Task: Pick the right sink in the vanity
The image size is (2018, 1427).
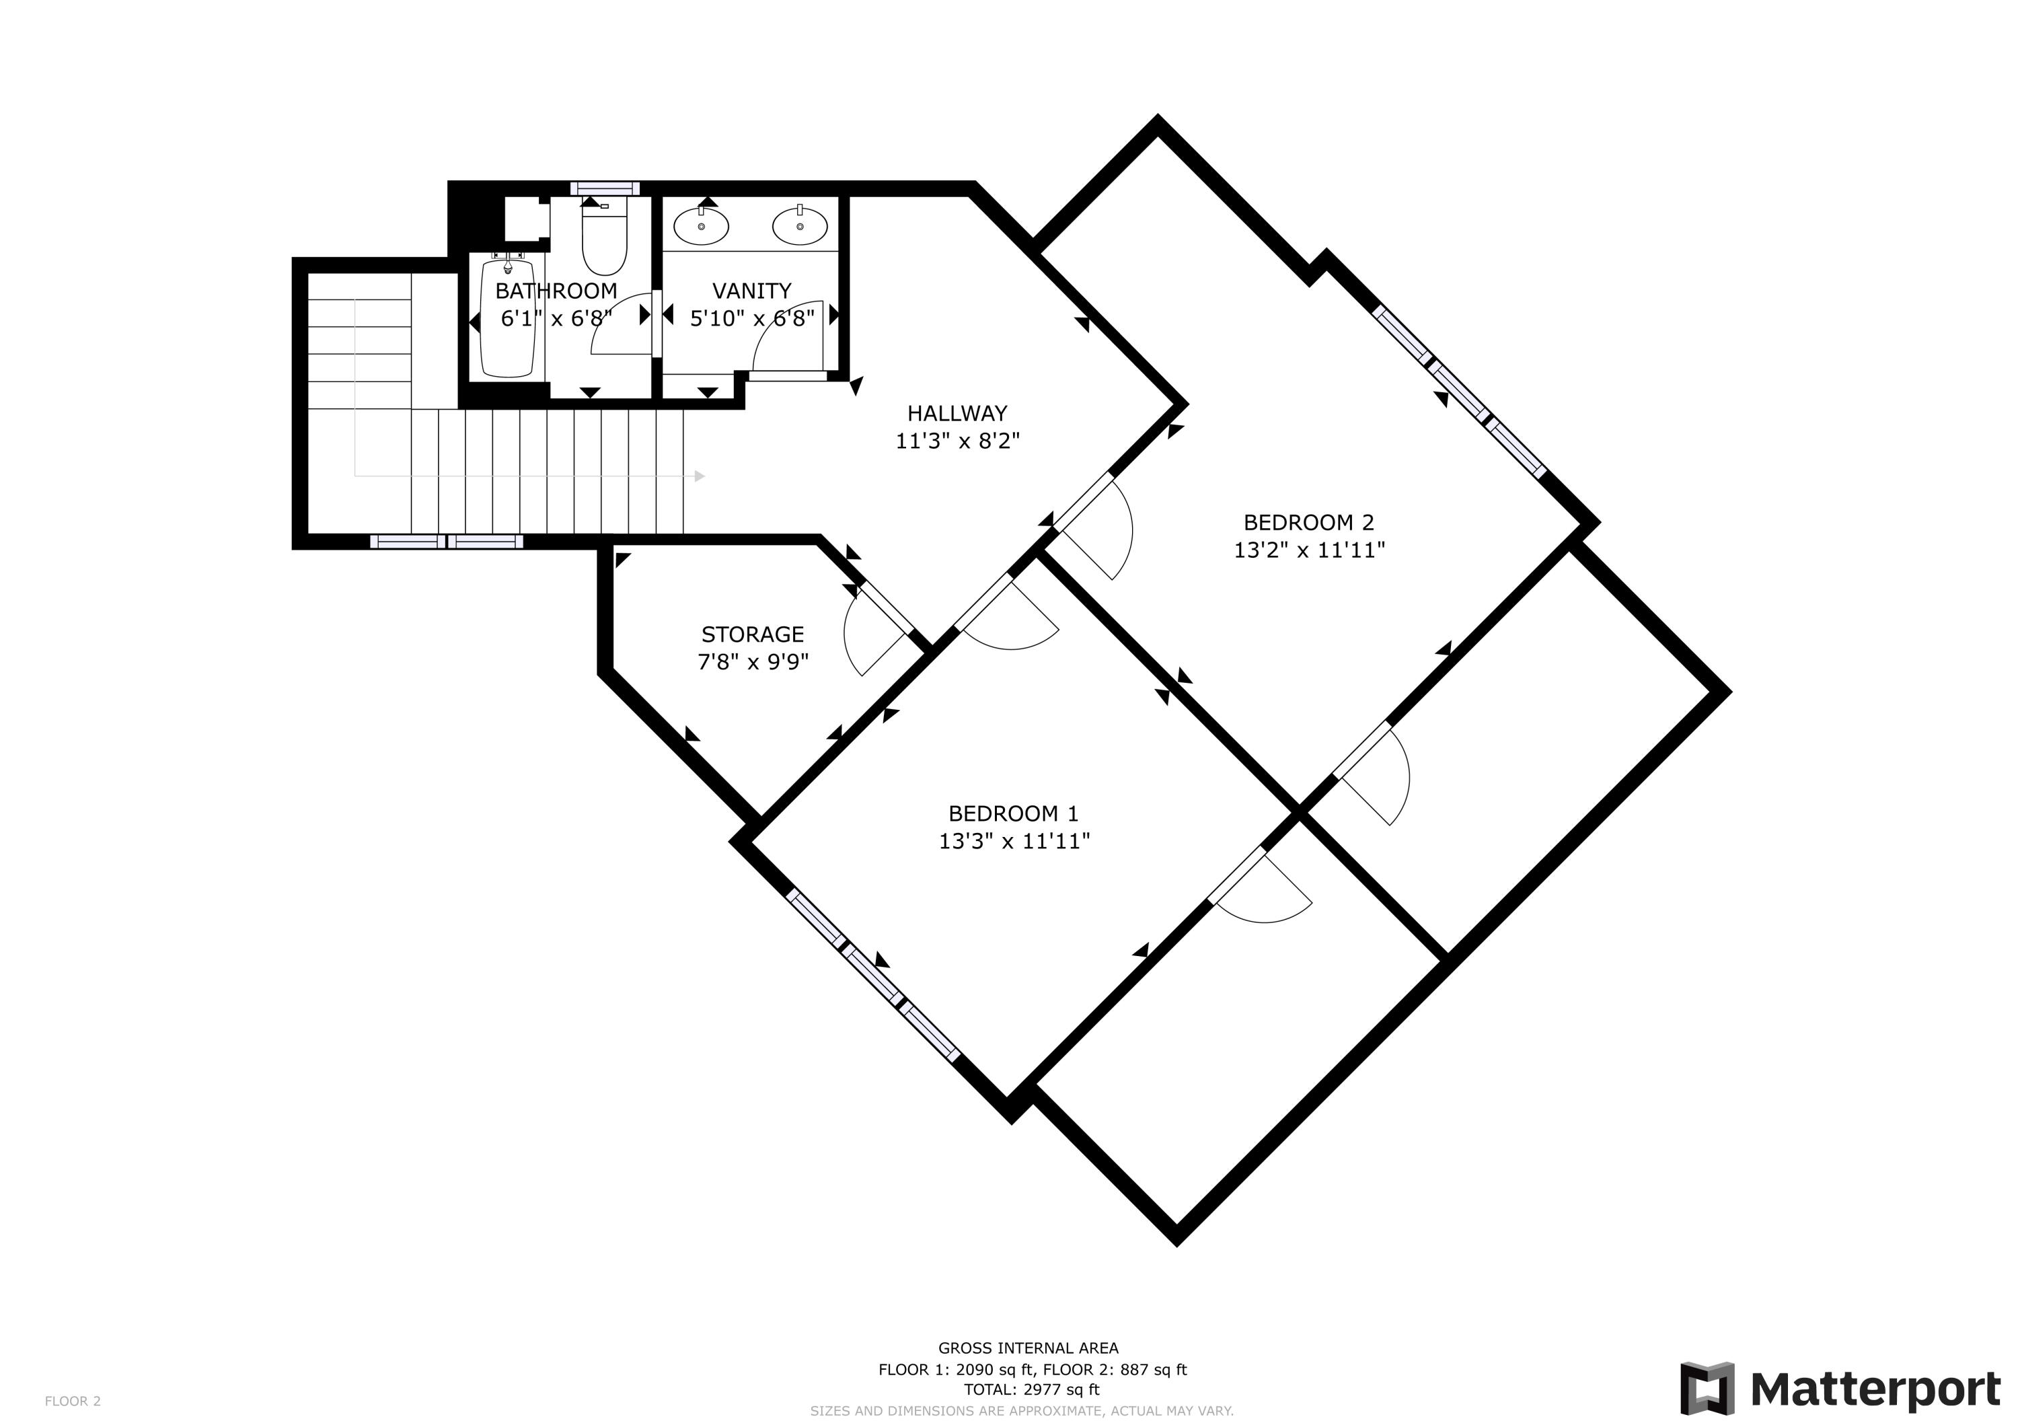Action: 800,226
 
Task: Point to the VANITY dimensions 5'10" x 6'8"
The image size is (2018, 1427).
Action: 751,318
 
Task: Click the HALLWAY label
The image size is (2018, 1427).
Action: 957,412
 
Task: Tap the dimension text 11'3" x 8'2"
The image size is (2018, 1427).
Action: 957,441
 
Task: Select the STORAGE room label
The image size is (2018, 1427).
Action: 752,634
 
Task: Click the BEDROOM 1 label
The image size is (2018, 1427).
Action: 1014,813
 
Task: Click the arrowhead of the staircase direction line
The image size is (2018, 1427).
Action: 700,476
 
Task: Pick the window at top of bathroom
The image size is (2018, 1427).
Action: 605,188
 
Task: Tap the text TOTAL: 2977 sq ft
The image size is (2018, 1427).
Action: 1031,1389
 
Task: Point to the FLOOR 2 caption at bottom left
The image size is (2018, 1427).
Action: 73,1401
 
